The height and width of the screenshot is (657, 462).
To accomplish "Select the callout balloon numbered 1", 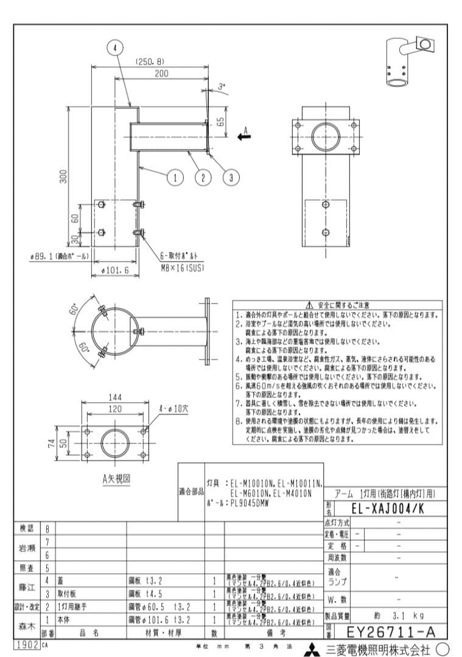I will pyautogui.click(x=175, y=177).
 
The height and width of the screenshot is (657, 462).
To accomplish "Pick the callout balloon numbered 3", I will pyautogui.click(x=231, y=177).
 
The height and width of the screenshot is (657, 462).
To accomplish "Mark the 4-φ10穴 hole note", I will pyautogui.click(x=174, y=408).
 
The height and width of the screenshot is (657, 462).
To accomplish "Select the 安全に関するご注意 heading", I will pyautogui.click(x=338, y=304).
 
